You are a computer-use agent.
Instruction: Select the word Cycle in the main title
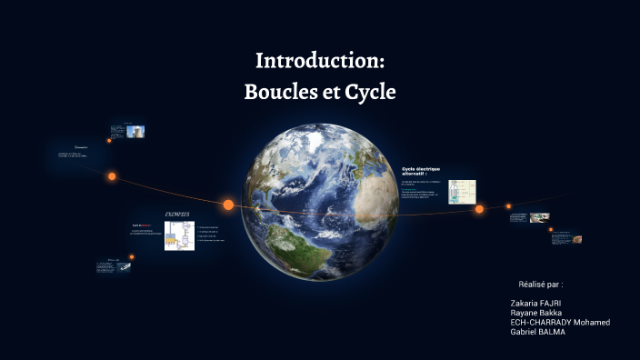pos(370,93)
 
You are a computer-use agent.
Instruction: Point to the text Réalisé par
pos(540,285)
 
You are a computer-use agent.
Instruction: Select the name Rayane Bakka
pos(537,312)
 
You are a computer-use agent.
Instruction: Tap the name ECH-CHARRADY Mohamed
pos(560,322)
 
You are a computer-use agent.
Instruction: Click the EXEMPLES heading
pos(176,214)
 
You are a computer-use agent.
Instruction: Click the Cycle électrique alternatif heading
pos(420,170)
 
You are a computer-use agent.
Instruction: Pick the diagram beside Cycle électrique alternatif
pos(463,191)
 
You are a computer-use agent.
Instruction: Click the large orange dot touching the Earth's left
pos(228,205)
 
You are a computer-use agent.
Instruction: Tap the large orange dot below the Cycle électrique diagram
pos(479,209)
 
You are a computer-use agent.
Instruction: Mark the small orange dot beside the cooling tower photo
pos(109,141)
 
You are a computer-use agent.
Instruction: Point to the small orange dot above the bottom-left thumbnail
pos(131,257)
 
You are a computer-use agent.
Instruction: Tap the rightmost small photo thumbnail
pos(576,239)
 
